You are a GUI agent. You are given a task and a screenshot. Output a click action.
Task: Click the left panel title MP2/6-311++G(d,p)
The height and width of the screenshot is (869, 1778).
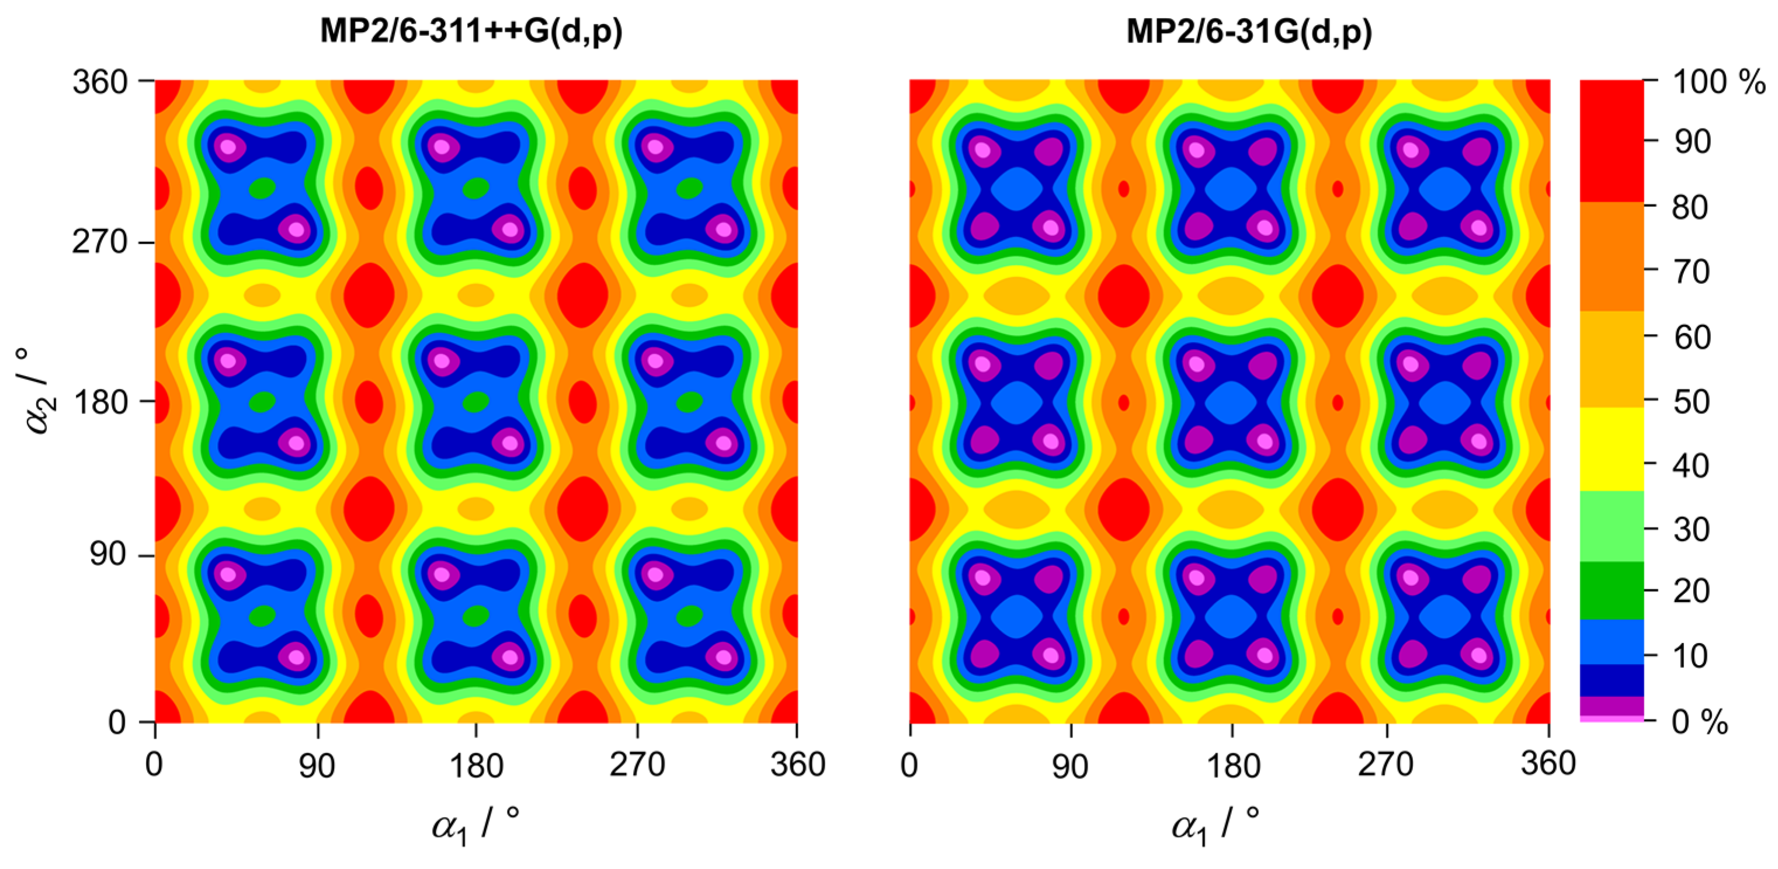click(471, 32)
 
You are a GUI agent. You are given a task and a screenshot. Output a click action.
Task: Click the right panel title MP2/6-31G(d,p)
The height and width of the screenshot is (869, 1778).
click(1249, 32)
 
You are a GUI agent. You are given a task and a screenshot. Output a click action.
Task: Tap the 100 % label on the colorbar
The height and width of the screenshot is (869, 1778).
click(1718, 82)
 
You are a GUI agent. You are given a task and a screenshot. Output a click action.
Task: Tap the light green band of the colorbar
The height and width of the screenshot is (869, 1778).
click(1611, 526)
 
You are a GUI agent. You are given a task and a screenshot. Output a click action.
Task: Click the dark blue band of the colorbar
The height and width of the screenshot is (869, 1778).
click(1611, 680)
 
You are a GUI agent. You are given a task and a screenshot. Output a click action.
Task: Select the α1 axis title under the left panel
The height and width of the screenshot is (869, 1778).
click(475, 825)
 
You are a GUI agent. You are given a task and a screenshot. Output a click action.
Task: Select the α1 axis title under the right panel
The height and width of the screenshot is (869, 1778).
click(1215, 825)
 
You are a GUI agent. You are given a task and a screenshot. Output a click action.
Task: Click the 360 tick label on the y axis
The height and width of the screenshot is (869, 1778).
click(100, 83)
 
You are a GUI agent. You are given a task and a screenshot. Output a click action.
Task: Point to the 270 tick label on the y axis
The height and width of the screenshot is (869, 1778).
click(100, 242)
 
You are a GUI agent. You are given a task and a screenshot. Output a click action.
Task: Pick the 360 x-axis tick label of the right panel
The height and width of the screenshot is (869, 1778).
click(1548, 763)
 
